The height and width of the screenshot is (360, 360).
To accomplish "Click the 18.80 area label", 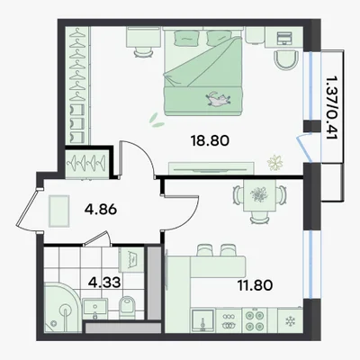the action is point(210,140).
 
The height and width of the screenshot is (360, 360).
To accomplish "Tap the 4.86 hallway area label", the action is point(101,210).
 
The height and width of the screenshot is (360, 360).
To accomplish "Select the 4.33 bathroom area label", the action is point(105,282).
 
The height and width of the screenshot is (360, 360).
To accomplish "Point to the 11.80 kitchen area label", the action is point(256,285).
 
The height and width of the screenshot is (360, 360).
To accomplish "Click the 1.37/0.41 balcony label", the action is point(331,107).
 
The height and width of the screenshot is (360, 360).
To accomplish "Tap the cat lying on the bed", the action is point(218,99).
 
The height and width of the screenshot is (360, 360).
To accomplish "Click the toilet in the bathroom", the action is point(127,307).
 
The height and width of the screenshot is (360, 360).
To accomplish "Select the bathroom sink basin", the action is point(94,309).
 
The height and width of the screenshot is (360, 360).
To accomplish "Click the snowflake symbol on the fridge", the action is point(290,321).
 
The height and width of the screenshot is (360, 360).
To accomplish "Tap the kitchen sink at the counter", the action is point(202,321).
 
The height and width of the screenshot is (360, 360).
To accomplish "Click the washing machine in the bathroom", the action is point(130,260).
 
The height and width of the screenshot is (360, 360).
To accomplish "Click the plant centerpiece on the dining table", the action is point(259,194).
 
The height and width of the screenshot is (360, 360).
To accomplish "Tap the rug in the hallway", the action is point(59,211).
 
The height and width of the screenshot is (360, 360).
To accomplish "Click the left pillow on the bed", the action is point(186,39).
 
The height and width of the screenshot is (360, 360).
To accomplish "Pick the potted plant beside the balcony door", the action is point(275,163).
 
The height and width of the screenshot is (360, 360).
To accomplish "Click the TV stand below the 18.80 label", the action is point(211,168).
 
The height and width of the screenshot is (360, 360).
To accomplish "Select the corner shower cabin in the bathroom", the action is point(61,308).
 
